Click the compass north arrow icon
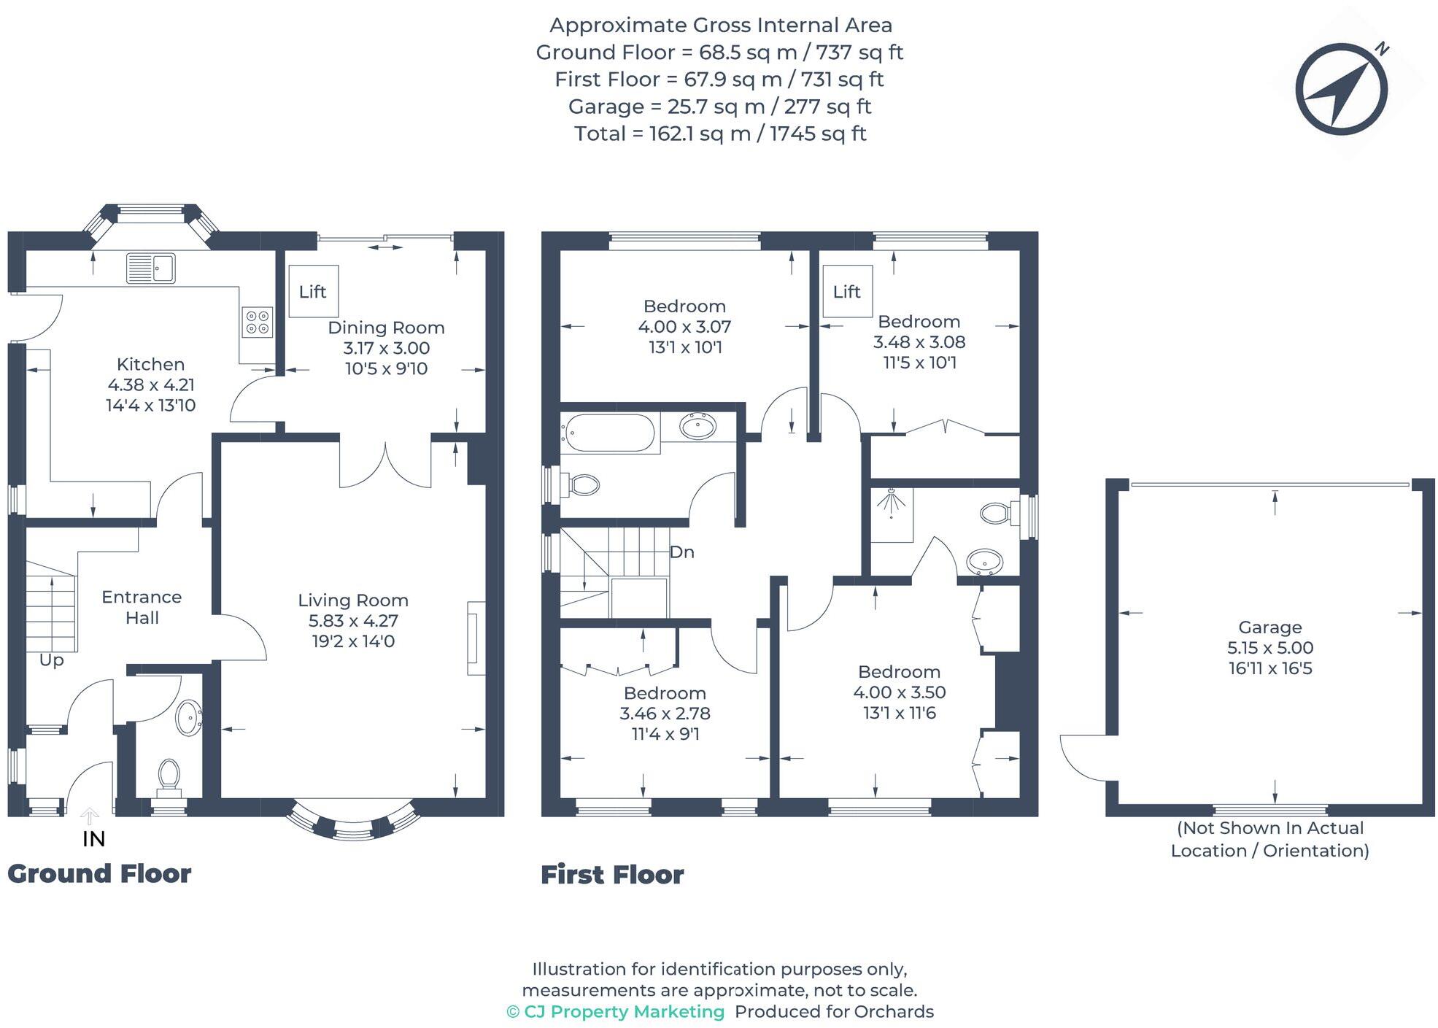1341,89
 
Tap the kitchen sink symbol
150,268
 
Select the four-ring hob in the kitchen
258,322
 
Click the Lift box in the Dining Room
313,291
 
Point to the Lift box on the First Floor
847,291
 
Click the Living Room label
353,600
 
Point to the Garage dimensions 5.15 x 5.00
1270,648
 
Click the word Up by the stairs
51,660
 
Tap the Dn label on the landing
681,552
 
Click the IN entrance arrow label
93,839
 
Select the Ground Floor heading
99,873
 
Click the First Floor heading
612,875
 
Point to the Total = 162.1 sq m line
719,134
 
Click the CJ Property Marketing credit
616,1012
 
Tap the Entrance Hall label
142,607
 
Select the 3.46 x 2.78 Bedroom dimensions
665,714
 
